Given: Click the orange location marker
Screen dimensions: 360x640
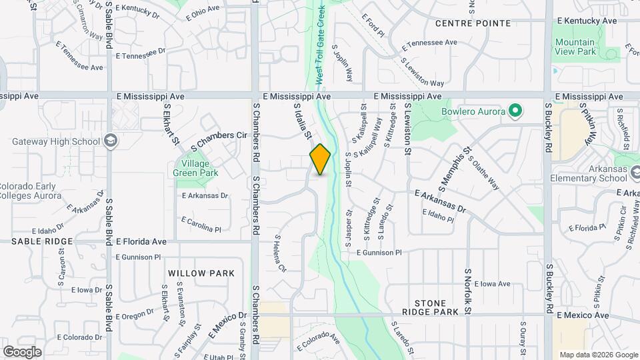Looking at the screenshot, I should [x=320, y=159].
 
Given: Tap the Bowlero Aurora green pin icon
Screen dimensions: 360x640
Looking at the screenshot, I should [x=514, y=110].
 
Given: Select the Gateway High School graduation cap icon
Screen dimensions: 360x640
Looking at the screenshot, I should [x=111, y=141].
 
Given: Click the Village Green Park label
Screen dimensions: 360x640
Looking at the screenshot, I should [x=195, y=168].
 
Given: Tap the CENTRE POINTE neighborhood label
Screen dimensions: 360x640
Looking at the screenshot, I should [x=473, y=23].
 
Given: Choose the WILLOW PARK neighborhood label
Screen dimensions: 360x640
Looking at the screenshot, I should [x=201, y=273].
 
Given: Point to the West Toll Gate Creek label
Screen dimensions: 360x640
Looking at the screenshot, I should [x=320, y=45].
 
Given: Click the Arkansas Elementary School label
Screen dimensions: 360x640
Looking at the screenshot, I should [x=589, y=174].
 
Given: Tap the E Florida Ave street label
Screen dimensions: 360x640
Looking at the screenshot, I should [x=141, y=241].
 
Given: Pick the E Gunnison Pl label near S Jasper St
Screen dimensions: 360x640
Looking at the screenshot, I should [x=379, y=253].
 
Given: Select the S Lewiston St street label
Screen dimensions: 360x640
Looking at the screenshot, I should [x=406, y=129].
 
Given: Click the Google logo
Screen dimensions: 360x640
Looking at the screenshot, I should [x=22, y=351].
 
